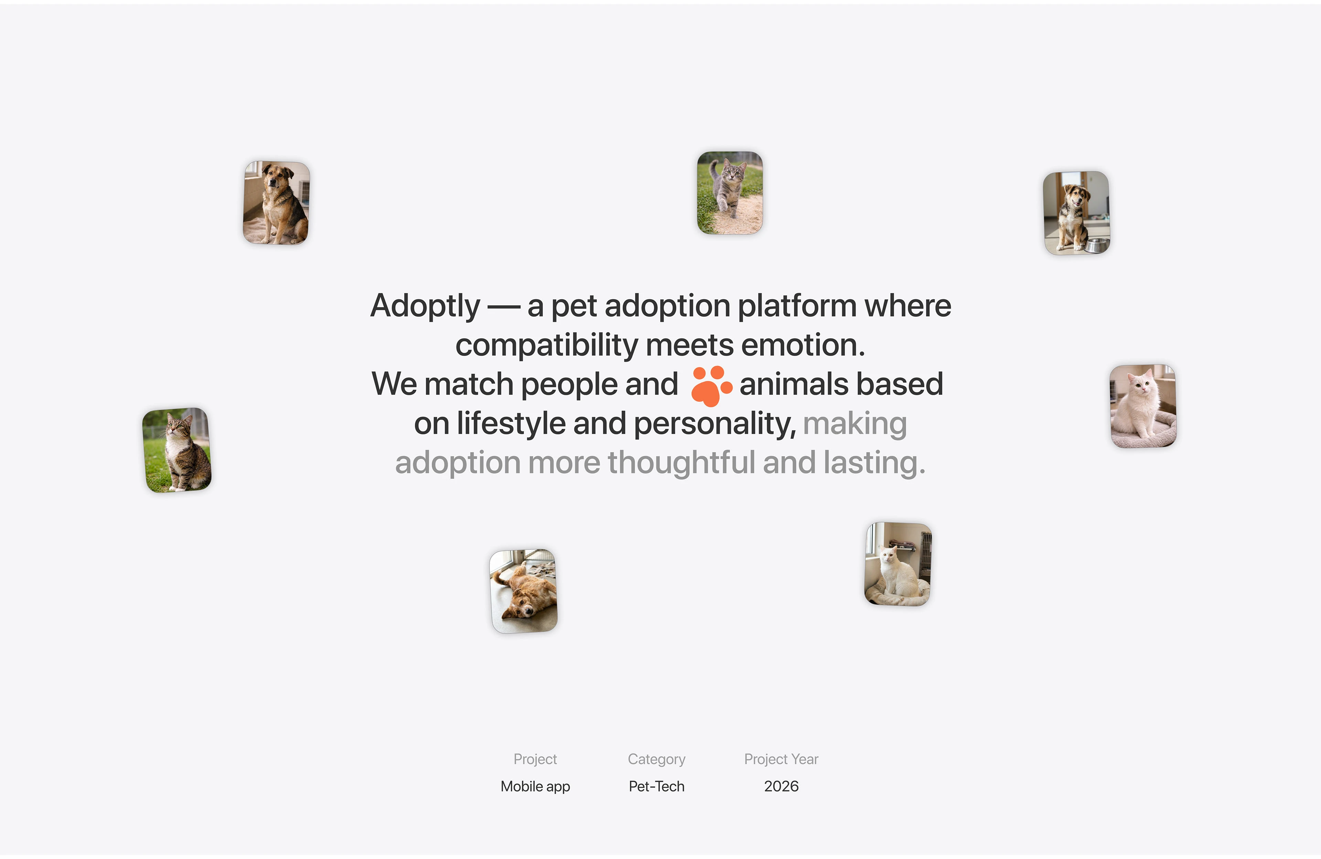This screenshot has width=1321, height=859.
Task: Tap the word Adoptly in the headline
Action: pos(425,306)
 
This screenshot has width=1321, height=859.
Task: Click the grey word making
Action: pos(855,424)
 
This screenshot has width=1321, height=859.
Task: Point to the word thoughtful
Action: pos(681,463)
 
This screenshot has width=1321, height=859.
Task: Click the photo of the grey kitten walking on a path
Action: pos(730,193)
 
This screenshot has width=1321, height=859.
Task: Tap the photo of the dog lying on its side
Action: pos(523,591)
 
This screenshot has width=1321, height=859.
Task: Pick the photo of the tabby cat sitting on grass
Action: pos(177,450)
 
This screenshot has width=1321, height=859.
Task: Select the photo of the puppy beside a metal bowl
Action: pos(1076,213)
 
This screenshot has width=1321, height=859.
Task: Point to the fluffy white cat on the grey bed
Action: pos(1142,406)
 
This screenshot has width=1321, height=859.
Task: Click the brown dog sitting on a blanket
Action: pos(276,203)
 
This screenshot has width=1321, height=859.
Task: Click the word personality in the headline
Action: pos(715,424)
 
